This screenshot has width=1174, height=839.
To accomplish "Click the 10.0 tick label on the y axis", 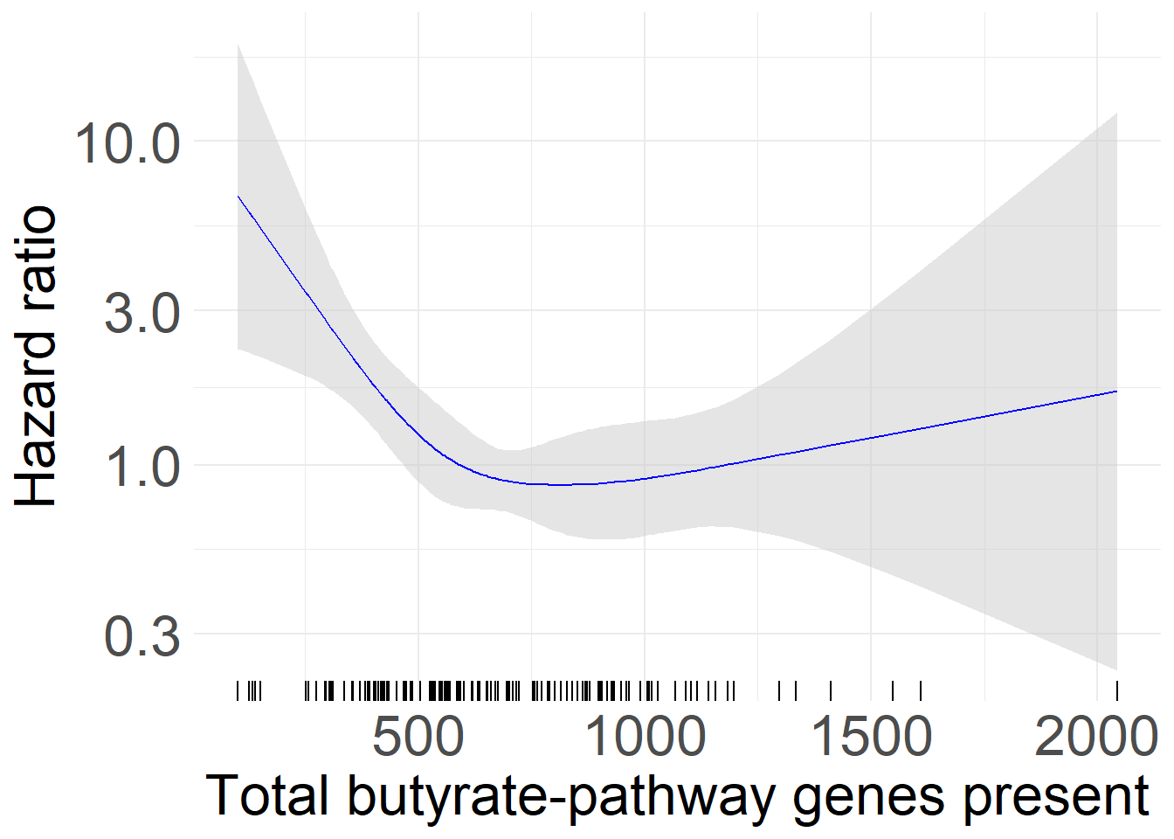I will (128, 142).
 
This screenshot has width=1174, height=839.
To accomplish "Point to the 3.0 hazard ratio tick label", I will (142, 313).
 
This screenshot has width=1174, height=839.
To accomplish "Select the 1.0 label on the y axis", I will (142, 467).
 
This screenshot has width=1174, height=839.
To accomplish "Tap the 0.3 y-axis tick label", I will (142, 636).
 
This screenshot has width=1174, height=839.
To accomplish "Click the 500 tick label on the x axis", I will (418, 736).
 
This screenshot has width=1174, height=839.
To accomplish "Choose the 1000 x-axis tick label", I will (645, 736).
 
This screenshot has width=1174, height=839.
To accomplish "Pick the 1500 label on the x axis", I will (871, 736).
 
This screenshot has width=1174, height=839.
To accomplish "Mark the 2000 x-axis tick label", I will (1096, 736).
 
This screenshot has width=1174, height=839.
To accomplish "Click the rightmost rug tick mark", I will (1116, 691).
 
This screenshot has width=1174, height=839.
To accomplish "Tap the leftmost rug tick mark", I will (238, 691).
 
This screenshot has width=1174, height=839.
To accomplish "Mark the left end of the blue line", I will (238, 196).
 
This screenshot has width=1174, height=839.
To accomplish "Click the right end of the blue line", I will (1116, 391).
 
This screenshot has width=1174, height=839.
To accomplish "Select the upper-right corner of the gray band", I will (1116, 113).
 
